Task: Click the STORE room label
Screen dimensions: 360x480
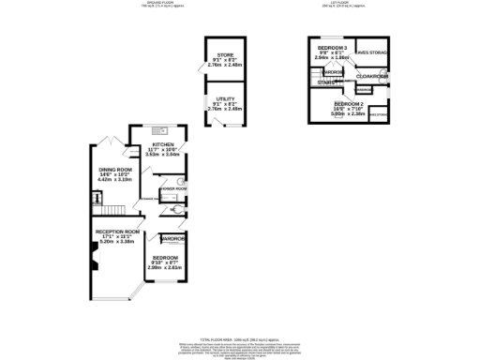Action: click(x=224, y=56)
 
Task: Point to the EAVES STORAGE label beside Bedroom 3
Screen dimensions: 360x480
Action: click(x=372, y=53)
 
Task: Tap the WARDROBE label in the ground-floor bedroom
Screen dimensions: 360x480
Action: click(x=172, y=239)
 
